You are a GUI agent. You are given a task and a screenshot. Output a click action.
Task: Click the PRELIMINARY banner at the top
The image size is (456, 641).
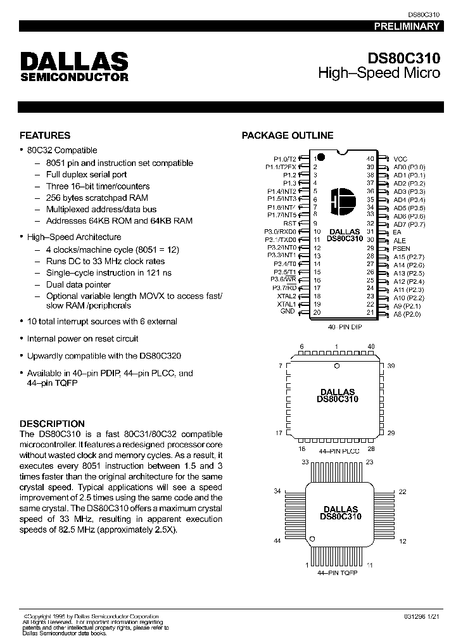406,27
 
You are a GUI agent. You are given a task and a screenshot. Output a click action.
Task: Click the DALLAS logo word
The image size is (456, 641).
74,62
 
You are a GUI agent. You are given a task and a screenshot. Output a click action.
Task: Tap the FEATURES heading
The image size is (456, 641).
45,136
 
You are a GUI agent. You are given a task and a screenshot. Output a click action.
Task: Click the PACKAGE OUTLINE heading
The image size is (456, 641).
288,136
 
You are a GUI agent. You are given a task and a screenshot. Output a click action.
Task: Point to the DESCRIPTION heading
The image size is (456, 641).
52,424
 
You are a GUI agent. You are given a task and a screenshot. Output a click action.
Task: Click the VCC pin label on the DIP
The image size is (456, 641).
400,158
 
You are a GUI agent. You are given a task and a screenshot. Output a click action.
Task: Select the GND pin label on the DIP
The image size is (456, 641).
288,312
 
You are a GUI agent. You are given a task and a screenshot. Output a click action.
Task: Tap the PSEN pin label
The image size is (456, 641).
402,248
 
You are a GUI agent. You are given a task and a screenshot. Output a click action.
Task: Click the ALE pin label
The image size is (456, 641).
399,241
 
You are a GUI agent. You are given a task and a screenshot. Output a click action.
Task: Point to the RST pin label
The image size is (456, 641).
289,223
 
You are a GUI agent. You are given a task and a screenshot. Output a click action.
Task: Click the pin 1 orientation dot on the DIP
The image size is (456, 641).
320,156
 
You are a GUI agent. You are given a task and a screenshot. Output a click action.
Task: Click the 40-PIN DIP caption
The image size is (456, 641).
345,327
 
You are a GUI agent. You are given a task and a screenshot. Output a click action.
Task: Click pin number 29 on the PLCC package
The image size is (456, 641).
391,433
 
